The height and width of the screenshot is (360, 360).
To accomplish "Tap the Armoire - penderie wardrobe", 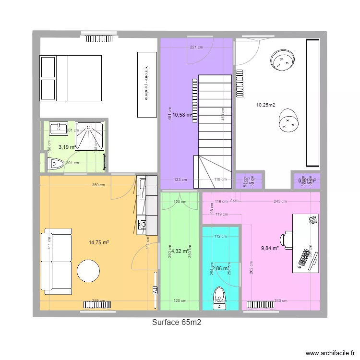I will (x=147, y=84).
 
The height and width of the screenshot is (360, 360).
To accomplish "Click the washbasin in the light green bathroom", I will (x=59, y=128).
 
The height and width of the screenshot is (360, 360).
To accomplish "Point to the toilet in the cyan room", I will (x=220, y=297).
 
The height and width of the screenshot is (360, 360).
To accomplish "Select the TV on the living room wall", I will (x=155, y=282).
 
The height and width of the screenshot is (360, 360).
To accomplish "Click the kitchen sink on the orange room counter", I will (x=143, y=223).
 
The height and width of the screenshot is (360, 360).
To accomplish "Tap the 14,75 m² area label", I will (x=99, y=242).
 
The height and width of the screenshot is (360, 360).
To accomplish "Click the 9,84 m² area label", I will (x=270, y=248).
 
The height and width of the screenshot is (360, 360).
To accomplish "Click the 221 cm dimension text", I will (x=196, y=47).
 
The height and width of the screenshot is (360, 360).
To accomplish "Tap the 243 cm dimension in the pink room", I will (x=280, y=202).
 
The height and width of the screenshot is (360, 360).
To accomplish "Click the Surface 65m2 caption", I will (x=176, y=323).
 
